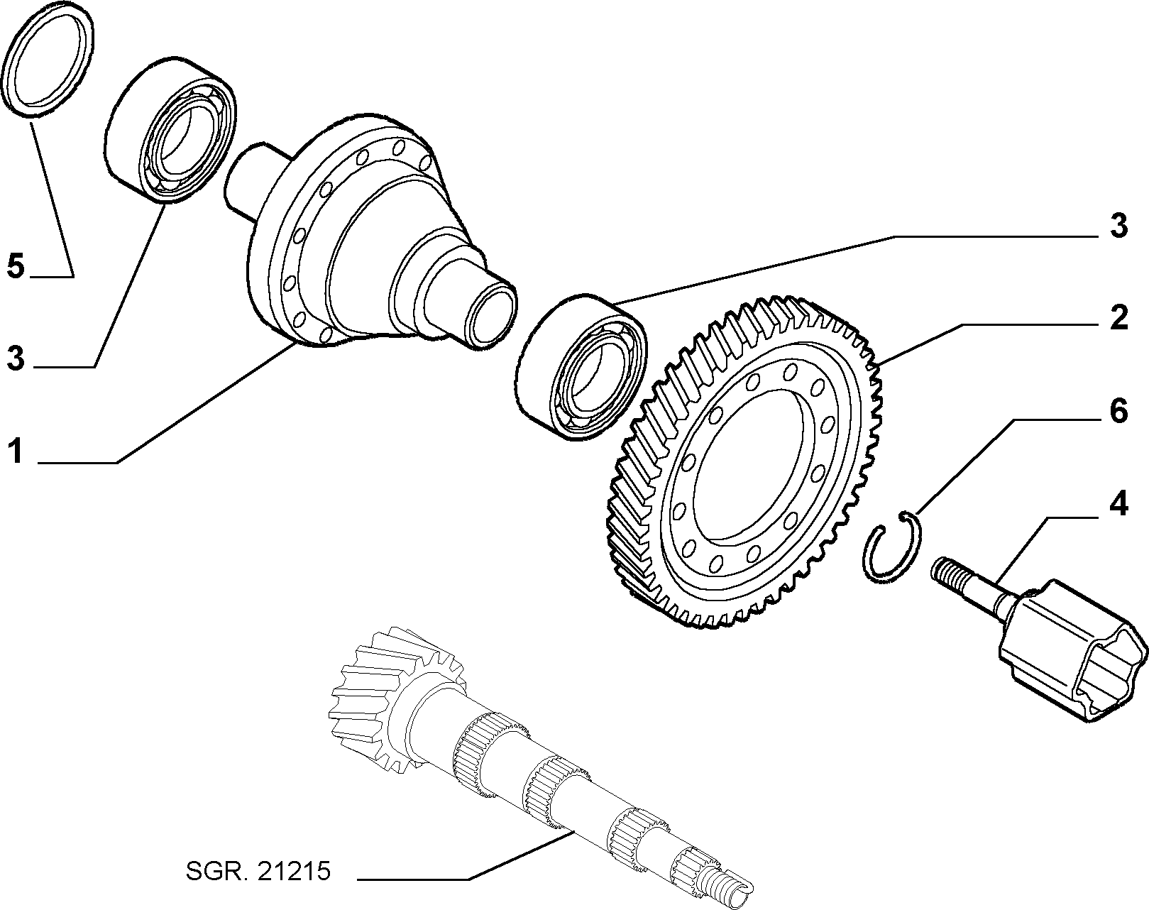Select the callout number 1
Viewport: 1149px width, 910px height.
coord(16,450)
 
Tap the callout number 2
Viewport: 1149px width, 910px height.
coord(1118,318)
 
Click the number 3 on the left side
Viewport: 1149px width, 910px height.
coord(16,358)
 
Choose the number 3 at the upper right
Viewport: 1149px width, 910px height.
coord(1118,225)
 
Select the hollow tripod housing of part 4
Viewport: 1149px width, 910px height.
coord(1073,651)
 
